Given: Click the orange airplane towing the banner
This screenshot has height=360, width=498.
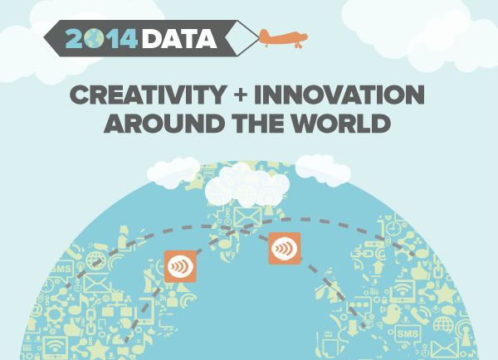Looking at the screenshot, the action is (283, 38).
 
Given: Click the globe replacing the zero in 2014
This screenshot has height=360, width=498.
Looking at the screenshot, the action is (94, 38).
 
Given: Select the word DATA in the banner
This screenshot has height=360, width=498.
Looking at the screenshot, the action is (179, 39).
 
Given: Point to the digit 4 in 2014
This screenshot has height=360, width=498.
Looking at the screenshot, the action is (128, 38).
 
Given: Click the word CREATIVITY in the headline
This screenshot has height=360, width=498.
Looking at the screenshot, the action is (148, 95).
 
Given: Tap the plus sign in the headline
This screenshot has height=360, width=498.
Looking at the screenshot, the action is (241, 95).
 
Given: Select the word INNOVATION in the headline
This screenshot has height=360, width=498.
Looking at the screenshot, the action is (339, 95).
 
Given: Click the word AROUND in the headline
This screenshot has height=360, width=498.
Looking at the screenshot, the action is (164, 123).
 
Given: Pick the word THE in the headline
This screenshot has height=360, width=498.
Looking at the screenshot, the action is (258, 123).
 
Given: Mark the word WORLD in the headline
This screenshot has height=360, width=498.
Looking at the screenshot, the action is (341, 123).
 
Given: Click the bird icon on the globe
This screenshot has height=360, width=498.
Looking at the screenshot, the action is (393, 314).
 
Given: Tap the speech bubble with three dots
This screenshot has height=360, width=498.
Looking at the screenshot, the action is (360, 305).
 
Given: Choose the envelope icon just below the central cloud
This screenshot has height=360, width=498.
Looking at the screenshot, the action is (247, 216).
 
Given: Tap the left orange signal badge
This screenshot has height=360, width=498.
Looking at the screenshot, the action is (180, 266).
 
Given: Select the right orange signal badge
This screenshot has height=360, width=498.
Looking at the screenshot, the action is (285, 248).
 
